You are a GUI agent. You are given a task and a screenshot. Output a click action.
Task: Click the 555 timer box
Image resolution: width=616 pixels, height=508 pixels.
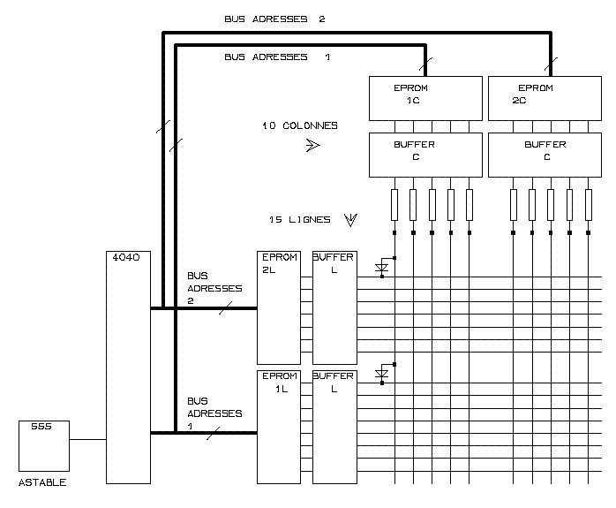pyautogui.click(x=43, y=446)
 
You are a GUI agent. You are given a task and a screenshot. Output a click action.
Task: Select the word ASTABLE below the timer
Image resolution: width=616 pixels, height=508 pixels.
pyautogui.click(x=42, y=482)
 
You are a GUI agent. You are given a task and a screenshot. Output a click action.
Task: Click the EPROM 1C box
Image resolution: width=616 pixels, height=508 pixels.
pyautogui.click(x=424, y=97)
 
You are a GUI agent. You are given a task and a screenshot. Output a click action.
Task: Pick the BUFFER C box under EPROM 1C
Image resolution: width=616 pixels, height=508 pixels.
pyautogui.click(x=424, y=154)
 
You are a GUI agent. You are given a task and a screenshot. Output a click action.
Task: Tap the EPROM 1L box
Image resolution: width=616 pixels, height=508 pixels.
pyautogui.click(x=277, y=427)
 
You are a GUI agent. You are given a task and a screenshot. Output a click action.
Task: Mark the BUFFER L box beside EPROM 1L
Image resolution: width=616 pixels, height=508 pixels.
pyautogui.click(x=334, y=427)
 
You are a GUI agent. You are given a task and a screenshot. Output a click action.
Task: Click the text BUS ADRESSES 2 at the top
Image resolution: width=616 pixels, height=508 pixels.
pyautogui.click(x=274, y=19)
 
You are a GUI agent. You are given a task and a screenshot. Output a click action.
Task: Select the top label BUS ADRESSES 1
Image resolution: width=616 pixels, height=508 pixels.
pyautogui.click(x=276, y=57)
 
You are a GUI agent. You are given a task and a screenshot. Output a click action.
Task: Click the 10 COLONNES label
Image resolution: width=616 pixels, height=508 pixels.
pyautogui.click(x=299, y=125)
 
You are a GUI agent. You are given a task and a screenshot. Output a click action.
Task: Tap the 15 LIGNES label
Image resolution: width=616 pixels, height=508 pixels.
pyautogui.click(x=299, y=219)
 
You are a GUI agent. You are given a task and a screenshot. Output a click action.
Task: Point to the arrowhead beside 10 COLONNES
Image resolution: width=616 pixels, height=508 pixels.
pyautogui.click(x=312, y=146)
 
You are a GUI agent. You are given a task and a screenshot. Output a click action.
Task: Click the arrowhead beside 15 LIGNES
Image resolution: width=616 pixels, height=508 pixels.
pyautogui.click(x=350, y=219)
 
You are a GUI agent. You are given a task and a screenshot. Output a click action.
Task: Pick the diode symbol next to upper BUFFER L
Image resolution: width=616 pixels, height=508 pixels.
pyautogui.click(x=382, y=268)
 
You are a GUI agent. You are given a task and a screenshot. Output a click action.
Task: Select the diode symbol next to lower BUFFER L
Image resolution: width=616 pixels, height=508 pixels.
pyautogui.click(x=382, y=375)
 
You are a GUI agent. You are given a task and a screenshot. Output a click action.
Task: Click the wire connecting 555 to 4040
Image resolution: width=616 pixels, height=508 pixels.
pyautogui.click(x=87, y=439)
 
